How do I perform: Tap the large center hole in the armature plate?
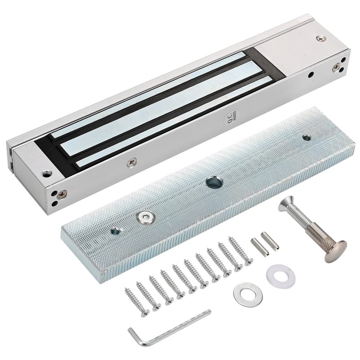[211, 183]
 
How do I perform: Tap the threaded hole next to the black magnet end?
[45, 172]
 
